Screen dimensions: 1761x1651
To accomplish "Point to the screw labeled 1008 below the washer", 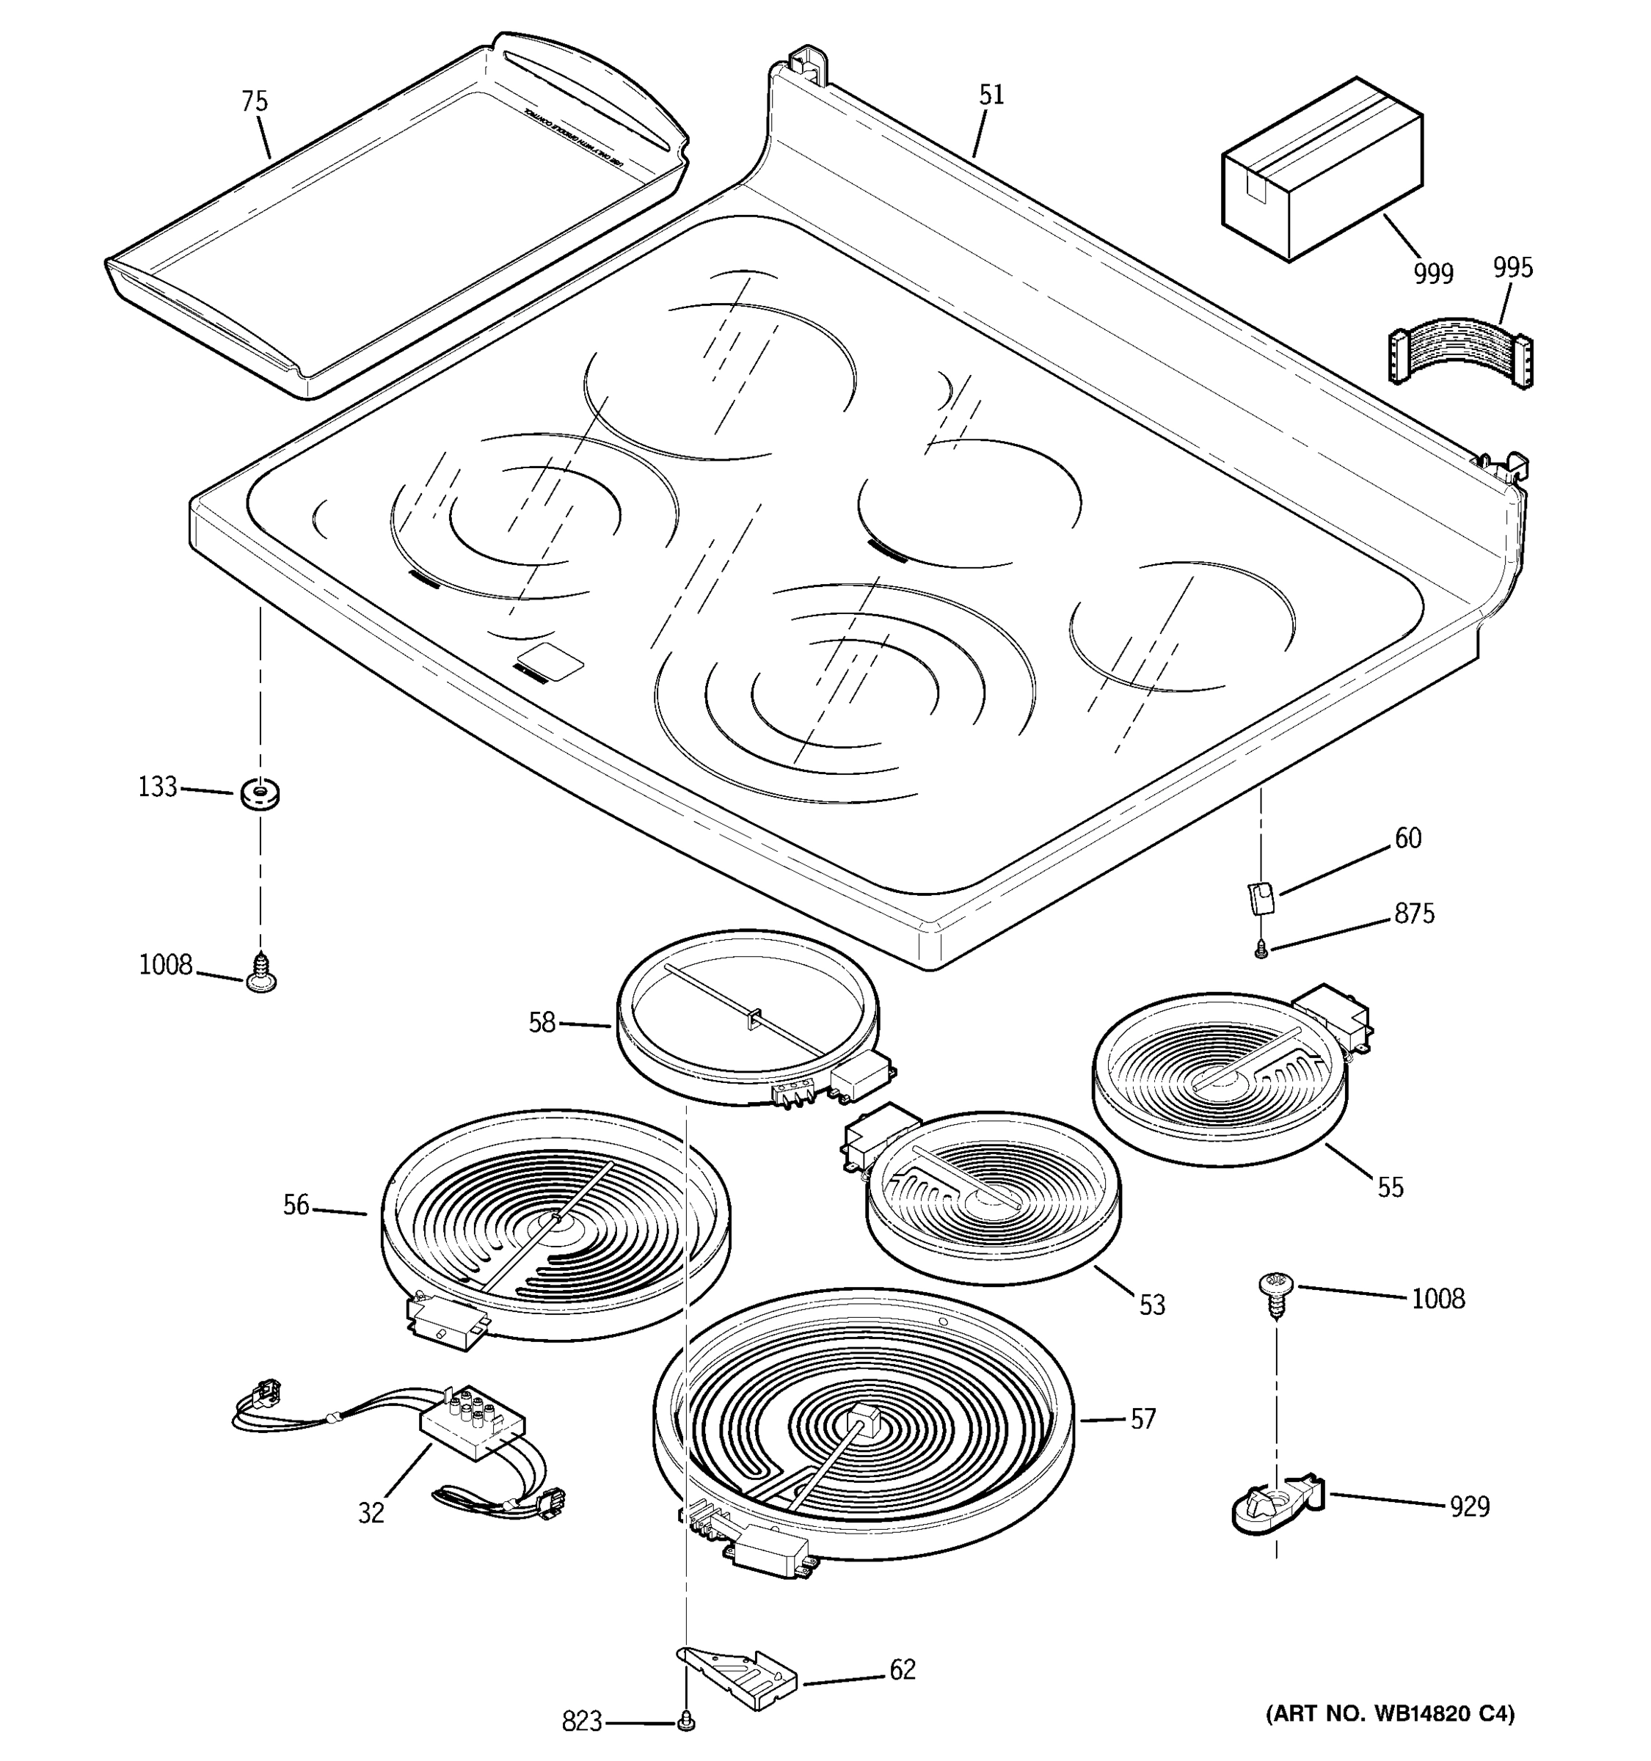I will tap(260, 973).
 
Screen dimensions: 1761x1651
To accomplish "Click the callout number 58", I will tap(542, 1023).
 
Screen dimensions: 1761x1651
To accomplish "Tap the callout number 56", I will tap(296, 1206).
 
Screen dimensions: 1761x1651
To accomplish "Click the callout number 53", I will tap(1151, 1305).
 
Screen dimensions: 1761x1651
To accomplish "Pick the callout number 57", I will tap(1142, 1419).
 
